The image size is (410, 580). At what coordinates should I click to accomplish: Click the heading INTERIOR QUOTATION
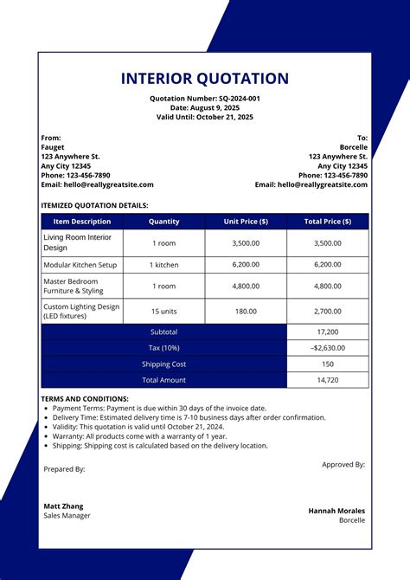click(x=205, y=79)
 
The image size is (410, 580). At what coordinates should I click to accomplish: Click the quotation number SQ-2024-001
click(x=239, y=99)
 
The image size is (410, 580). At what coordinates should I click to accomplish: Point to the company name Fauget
click(x=53, y=147)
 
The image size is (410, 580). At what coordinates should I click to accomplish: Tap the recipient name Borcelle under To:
click(x=354, y=147)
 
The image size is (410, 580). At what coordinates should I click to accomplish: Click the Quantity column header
click(x=164, y=222)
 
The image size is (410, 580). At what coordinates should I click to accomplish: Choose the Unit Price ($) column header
click(x=246, y=222)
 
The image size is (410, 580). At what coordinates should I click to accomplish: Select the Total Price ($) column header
click(x=327, y=222)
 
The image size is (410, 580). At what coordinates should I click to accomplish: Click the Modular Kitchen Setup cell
click(x=80, y=265)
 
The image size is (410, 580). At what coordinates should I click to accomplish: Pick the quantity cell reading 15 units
click(x=164, y=311)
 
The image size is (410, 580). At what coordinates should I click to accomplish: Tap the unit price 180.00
click(x=246, y=311)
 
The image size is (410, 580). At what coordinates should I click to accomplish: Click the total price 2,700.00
click(x=327, y=311)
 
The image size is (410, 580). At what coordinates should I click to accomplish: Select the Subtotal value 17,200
click(x=327, y=332)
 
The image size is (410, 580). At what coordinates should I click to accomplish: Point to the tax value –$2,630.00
click(x=327, y=348)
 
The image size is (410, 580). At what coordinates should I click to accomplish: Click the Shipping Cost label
click(x=164, y=364)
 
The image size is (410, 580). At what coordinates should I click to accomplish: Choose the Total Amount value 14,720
click(x=327, y=380)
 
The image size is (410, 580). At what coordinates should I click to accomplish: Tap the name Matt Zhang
click(x=65, y=506)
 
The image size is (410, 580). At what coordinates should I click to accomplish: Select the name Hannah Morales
click(x=336, y=511)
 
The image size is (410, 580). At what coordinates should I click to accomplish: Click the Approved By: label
click(x=343, y=464)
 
